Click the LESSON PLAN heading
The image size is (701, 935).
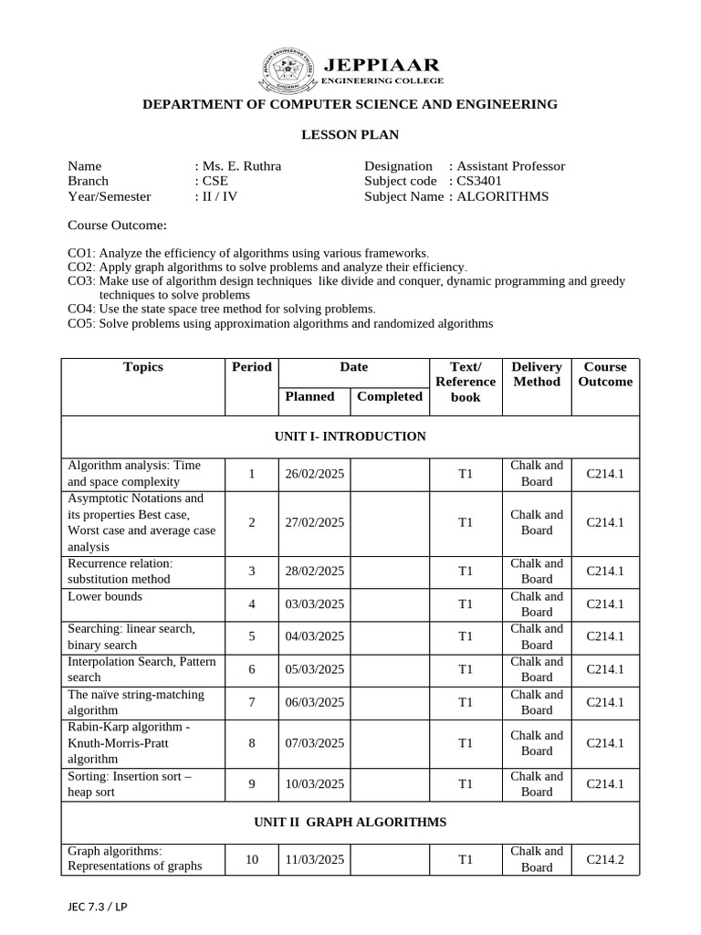350,135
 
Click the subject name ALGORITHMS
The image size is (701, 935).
502,196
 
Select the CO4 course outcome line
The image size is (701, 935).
222,309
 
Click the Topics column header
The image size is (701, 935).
143,367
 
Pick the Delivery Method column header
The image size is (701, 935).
537,374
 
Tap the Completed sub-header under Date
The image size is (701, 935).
390,396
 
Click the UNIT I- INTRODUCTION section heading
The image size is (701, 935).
350,436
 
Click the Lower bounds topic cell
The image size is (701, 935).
105,597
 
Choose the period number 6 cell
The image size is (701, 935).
252,669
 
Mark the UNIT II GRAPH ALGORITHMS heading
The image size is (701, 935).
350,823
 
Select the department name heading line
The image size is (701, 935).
350,105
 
